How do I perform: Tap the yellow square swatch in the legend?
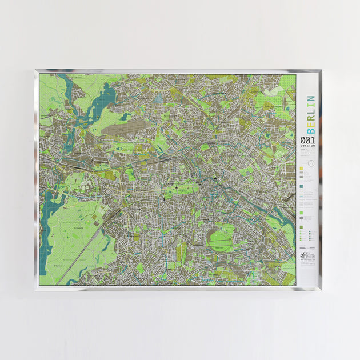pos(301,169)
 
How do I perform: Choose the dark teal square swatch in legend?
pos(301,186)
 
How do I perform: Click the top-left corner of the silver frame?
pos(35,71)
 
